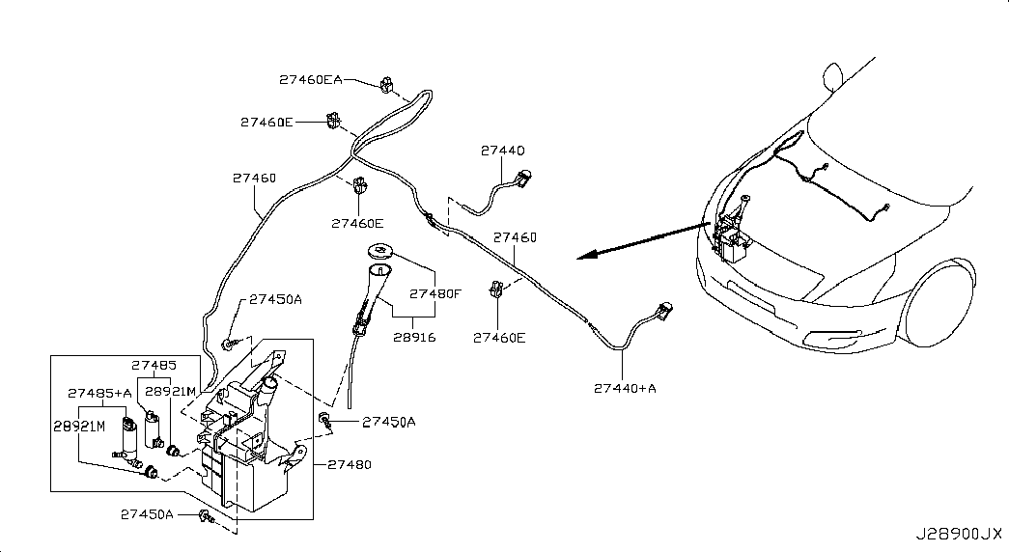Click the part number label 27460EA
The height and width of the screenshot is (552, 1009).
pos(311,80)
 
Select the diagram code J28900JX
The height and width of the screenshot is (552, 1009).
pos(959,534)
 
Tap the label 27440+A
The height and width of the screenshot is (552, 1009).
pos(625,388)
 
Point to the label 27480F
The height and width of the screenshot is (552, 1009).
pos(435,294)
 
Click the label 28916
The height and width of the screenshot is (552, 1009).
pos(414,337)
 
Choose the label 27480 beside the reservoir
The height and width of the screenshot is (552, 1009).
pos(350,464)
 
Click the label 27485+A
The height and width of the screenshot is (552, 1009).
pos(99,393)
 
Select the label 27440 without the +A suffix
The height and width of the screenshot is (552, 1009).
pos(503,151)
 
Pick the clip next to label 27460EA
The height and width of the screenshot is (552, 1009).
pos(387,84)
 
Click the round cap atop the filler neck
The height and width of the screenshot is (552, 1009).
pos(380,250)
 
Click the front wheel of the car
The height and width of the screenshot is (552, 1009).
pos(939,304)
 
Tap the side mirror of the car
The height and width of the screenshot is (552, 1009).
pos(832,77)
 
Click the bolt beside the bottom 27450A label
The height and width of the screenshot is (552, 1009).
pos(207,515)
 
